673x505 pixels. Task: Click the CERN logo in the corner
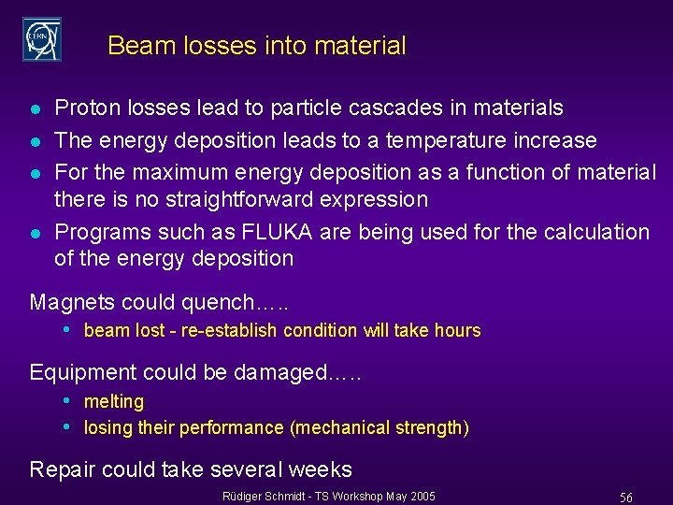pyautogui.click(x=42, y=38)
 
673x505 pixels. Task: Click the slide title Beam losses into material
pyautogui.click(x=256, y=46)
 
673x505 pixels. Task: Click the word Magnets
pyautogui.click(x=70, y=302)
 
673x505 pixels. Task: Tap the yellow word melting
pyautogui.click(x=114, y=402)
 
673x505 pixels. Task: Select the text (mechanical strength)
pyautogui.click(x=379, y=428)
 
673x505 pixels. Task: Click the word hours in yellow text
pyautogui.click(x=458, y=330)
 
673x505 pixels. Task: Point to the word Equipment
pyautogui.click(x=79, y=372)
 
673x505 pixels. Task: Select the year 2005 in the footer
pyautogui.click(x=420, y=496)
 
